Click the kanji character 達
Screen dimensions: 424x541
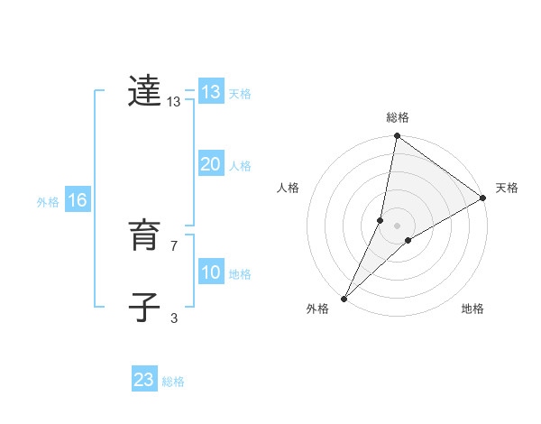point(144,91)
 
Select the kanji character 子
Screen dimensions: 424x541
point(144,307)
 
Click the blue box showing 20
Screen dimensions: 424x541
point(211,164)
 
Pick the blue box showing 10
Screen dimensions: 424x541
point(211,272)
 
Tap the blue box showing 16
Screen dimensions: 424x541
point(77,200)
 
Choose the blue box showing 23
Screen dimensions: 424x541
point(144,380)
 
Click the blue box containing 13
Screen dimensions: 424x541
point(211,92)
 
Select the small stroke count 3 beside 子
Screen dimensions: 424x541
point(173,318)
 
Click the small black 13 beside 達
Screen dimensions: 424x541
point(174,103)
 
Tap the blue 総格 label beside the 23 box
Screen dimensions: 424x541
point(173,382)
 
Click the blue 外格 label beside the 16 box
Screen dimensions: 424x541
point(48,202)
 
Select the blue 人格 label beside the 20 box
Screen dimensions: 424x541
point(240,166)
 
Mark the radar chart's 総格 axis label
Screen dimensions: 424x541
point(398,117)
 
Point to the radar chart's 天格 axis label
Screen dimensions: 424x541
point(507,188)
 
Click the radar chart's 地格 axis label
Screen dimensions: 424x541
point(472,309)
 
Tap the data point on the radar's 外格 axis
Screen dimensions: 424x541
point(344,298)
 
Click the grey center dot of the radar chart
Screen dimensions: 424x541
point(398,225)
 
